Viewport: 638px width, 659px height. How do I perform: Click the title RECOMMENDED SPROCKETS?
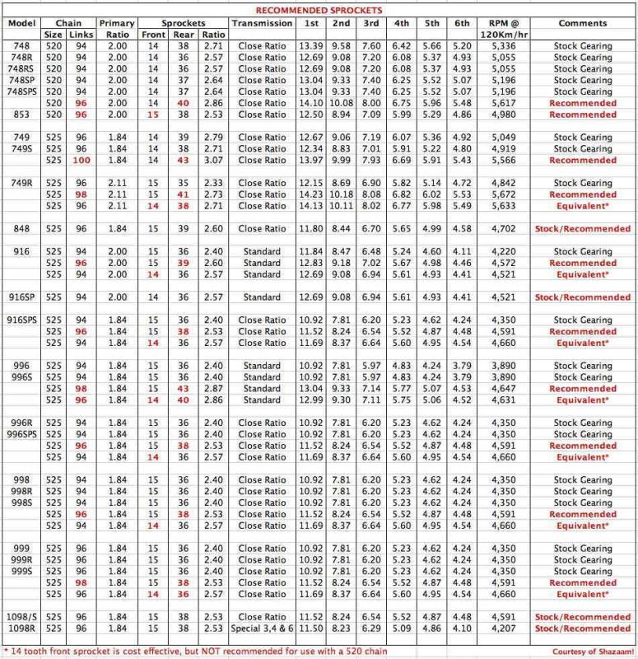(x=319, y=11)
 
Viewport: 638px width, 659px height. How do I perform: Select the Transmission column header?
(x=262, y=23)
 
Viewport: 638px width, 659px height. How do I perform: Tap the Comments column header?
(x=582, y=23)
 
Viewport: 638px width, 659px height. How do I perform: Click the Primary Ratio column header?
(x=117, y=29)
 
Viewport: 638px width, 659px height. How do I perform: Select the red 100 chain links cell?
(x=81, y=161)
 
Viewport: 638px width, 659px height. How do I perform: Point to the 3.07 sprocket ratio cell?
(x=214, y=161)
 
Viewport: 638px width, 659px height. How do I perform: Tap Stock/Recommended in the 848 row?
(x=582, y=228)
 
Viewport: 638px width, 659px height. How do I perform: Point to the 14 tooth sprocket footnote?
(x=206, y=651)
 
